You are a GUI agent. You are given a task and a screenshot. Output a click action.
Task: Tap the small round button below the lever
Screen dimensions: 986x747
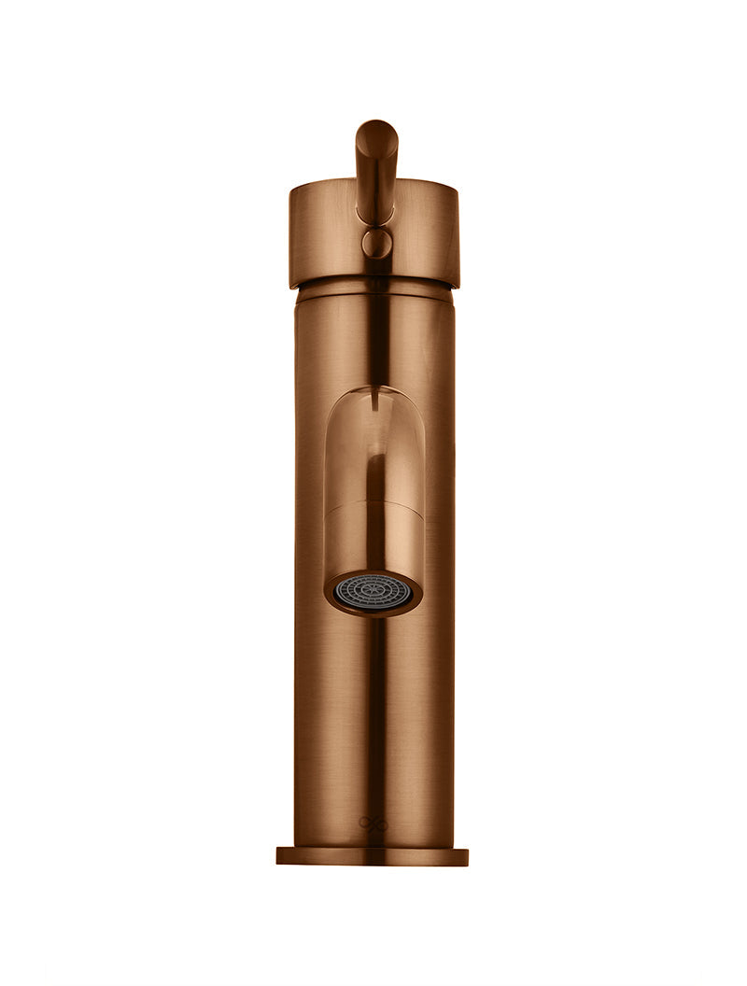point(377,244)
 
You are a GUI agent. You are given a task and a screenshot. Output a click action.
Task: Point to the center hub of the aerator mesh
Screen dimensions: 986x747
point(373,592)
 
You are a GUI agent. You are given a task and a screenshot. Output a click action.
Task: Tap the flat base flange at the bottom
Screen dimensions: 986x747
point(373,856)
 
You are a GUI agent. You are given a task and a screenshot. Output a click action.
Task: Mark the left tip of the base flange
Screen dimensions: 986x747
point(278,856)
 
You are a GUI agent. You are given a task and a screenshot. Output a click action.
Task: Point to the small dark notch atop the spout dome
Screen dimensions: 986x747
point(373,402)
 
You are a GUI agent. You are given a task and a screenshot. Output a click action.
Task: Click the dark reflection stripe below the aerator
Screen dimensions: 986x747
point(373,710)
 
